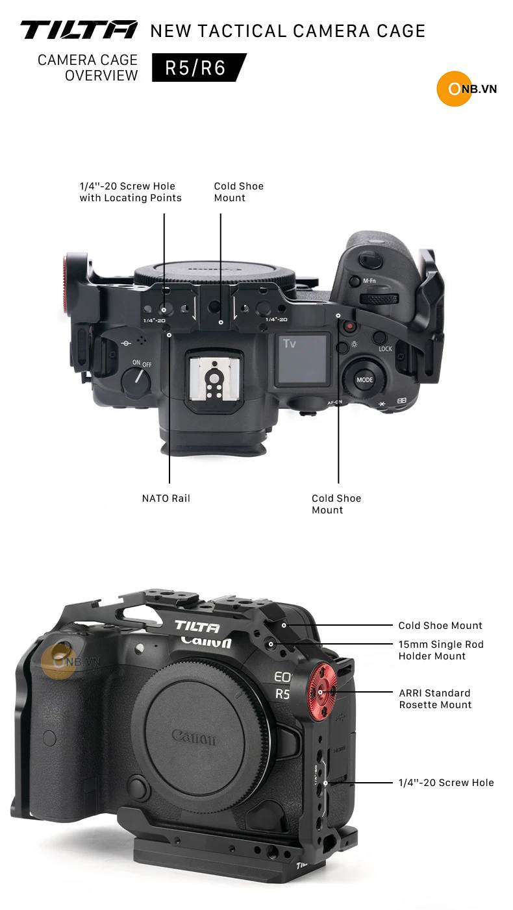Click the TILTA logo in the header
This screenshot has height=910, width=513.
[79, 30]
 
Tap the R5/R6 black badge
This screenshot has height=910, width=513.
[199, 68]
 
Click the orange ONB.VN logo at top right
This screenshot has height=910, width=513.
[467, 88]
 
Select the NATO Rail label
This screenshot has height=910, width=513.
[166, 498]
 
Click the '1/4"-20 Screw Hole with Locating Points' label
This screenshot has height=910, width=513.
[131, 191]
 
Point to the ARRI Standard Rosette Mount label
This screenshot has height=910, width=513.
[435, 698]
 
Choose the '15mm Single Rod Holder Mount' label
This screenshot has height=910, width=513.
[441, 650]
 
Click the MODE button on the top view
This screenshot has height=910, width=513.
[365, 380]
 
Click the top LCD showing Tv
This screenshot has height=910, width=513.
[302, 359]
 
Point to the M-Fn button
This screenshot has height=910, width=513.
[355, 281]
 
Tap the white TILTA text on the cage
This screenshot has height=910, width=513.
[197, 626]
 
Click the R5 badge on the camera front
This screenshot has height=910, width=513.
[282, 693]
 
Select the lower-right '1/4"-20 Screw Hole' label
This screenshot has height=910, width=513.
[446, 782]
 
